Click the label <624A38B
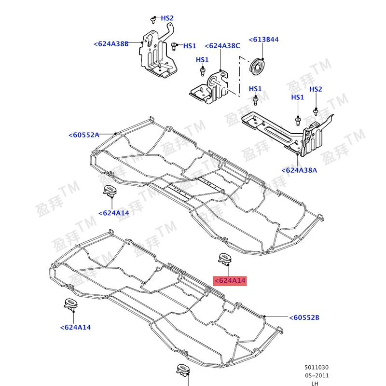(x=111, y=44)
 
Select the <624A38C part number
(x=222, y=46)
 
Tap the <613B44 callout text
(x=263, y=40)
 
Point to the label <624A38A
(x=299, y=170)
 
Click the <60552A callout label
(x=84, y=135)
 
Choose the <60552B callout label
(x=304, y=317)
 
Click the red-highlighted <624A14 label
(x=230, y=281)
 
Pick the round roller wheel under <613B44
(x=257, y=67)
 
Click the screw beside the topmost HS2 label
(x=152, y=20)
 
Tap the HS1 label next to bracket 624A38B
(x=190, y=46)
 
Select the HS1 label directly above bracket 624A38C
(x=202, y=60)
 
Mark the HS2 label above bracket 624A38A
(x=316, y=89)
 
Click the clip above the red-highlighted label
(x=225, y=259)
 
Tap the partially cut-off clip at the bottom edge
(x=183, y=370)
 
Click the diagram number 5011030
(x=317, y=368)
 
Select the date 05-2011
(x=317, y=376)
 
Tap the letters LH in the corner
(x=315, y=383)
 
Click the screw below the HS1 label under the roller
(x=255, y=100)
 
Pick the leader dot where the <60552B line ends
(x=264, y=316)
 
